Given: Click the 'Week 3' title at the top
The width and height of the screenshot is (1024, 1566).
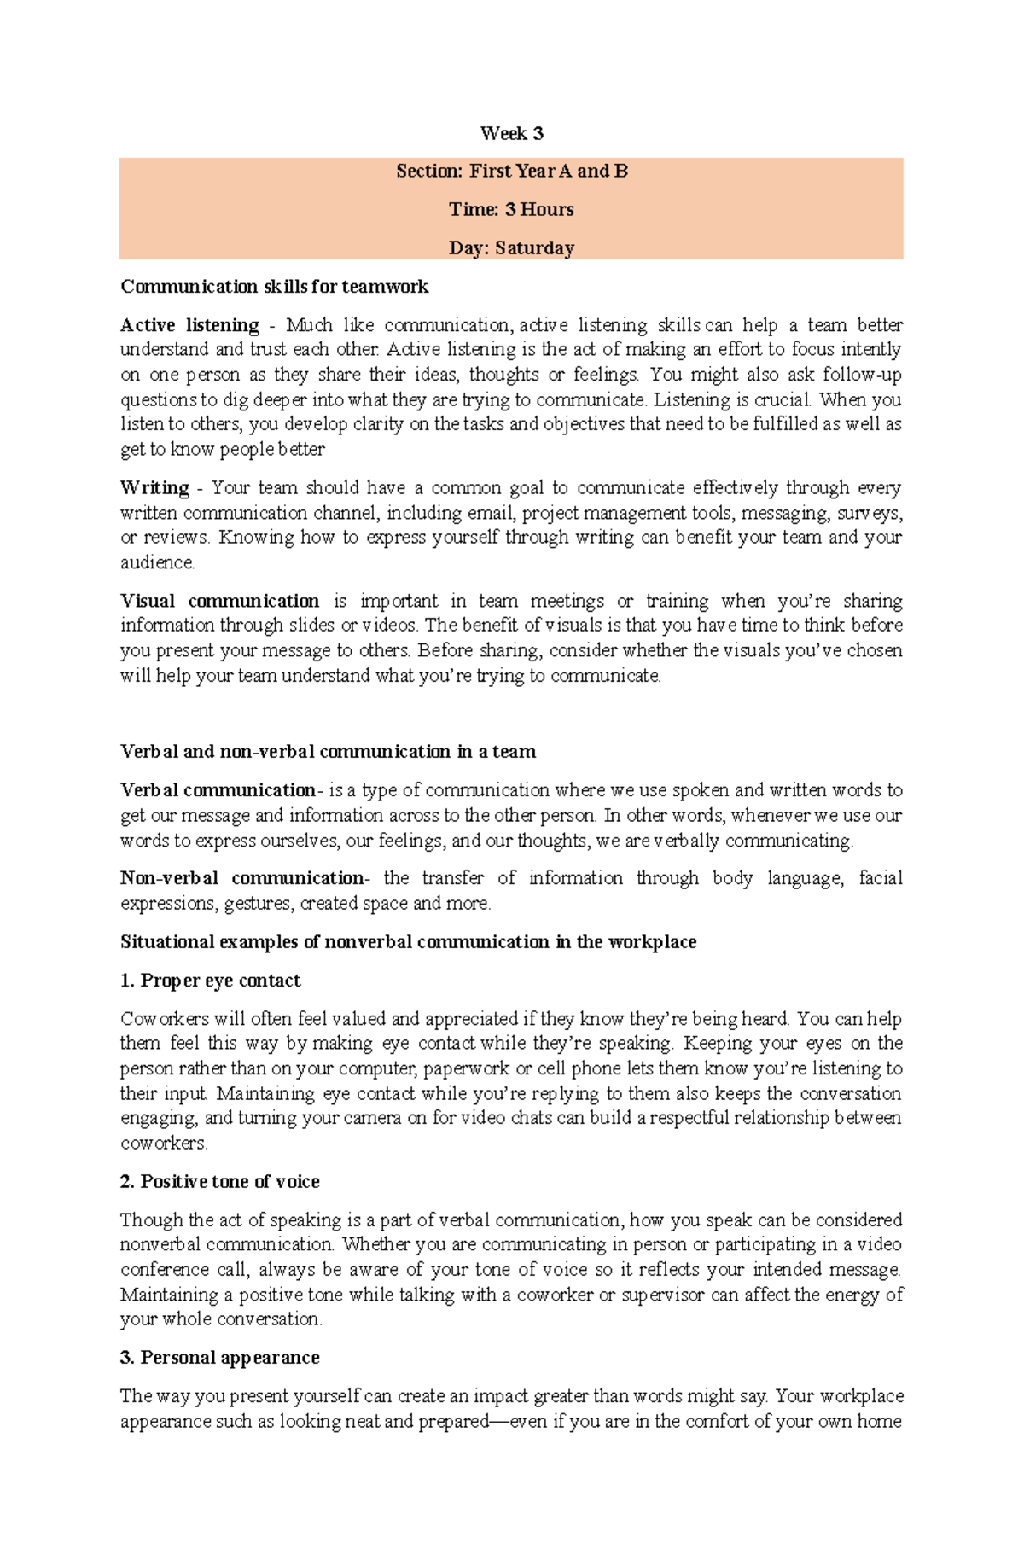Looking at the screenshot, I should pyautogui.click(x=511, y=133).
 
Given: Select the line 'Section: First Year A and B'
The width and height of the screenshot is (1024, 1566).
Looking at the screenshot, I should pyautogui.click(x=511, y=171).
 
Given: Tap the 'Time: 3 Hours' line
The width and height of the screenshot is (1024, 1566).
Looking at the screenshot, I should pyautogui.click(x=511, y=209).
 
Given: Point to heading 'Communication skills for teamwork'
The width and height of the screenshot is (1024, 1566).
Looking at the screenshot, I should pyautogui.click(x=274, y=287).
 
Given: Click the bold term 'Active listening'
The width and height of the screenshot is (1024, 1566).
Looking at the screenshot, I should pyautogui.click(x=189, y=325).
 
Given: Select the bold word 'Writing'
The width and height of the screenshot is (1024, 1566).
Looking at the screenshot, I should pyautogui.click(x=154, y=488).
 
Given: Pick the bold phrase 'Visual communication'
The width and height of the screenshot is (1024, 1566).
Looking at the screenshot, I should pyautogui.click(x=219, y=601).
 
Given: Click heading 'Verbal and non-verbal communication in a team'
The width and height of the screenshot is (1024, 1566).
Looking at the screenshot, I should pyautogui.click(x=328, y=752).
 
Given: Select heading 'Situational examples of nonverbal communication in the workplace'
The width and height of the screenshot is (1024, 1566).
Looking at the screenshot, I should pyautogui.click(x=408, y=942).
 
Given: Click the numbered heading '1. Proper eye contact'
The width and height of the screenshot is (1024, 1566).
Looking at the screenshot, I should pyautogui.click(x=210, y=981).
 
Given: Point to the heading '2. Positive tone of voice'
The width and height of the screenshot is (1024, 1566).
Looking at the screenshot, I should pyautogui.click(x=219, y=1182).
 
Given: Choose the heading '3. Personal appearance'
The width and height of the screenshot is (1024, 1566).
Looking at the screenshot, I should pyautogui.click(x=219, y=1358).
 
